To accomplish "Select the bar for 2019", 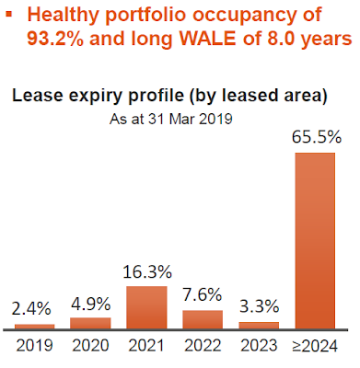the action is [x=35, y=327].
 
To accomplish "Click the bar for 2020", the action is [x=90, y=323].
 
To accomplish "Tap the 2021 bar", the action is [x=146, y=307].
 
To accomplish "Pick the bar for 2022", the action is [x=203, y=320].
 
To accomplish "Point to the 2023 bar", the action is [x=259, y=326].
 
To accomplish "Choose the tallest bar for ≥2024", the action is [x=315, y=241].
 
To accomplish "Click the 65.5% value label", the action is [x=317, y=137].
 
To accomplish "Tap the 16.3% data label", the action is [x=147, y=271].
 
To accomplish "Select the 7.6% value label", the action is [x=203, y=294].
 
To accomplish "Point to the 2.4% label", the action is [x=31, y=308].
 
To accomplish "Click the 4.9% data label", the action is [x=90, y=304].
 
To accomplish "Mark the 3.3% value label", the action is [x=259, y=306].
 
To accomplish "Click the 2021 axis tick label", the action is [x=146, y=345].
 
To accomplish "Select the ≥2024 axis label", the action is [x=315, y=346].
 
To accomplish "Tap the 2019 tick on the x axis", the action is [x=34, y=345].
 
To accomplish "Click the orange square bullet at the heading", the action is [x=9, y=14].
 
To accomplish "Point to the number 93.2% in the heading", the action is [x=55, y=39].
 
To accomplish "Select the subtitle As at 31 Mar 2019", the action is [x=171, y=119].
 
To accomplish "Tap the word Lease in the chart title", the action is [x=37, y=96].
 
